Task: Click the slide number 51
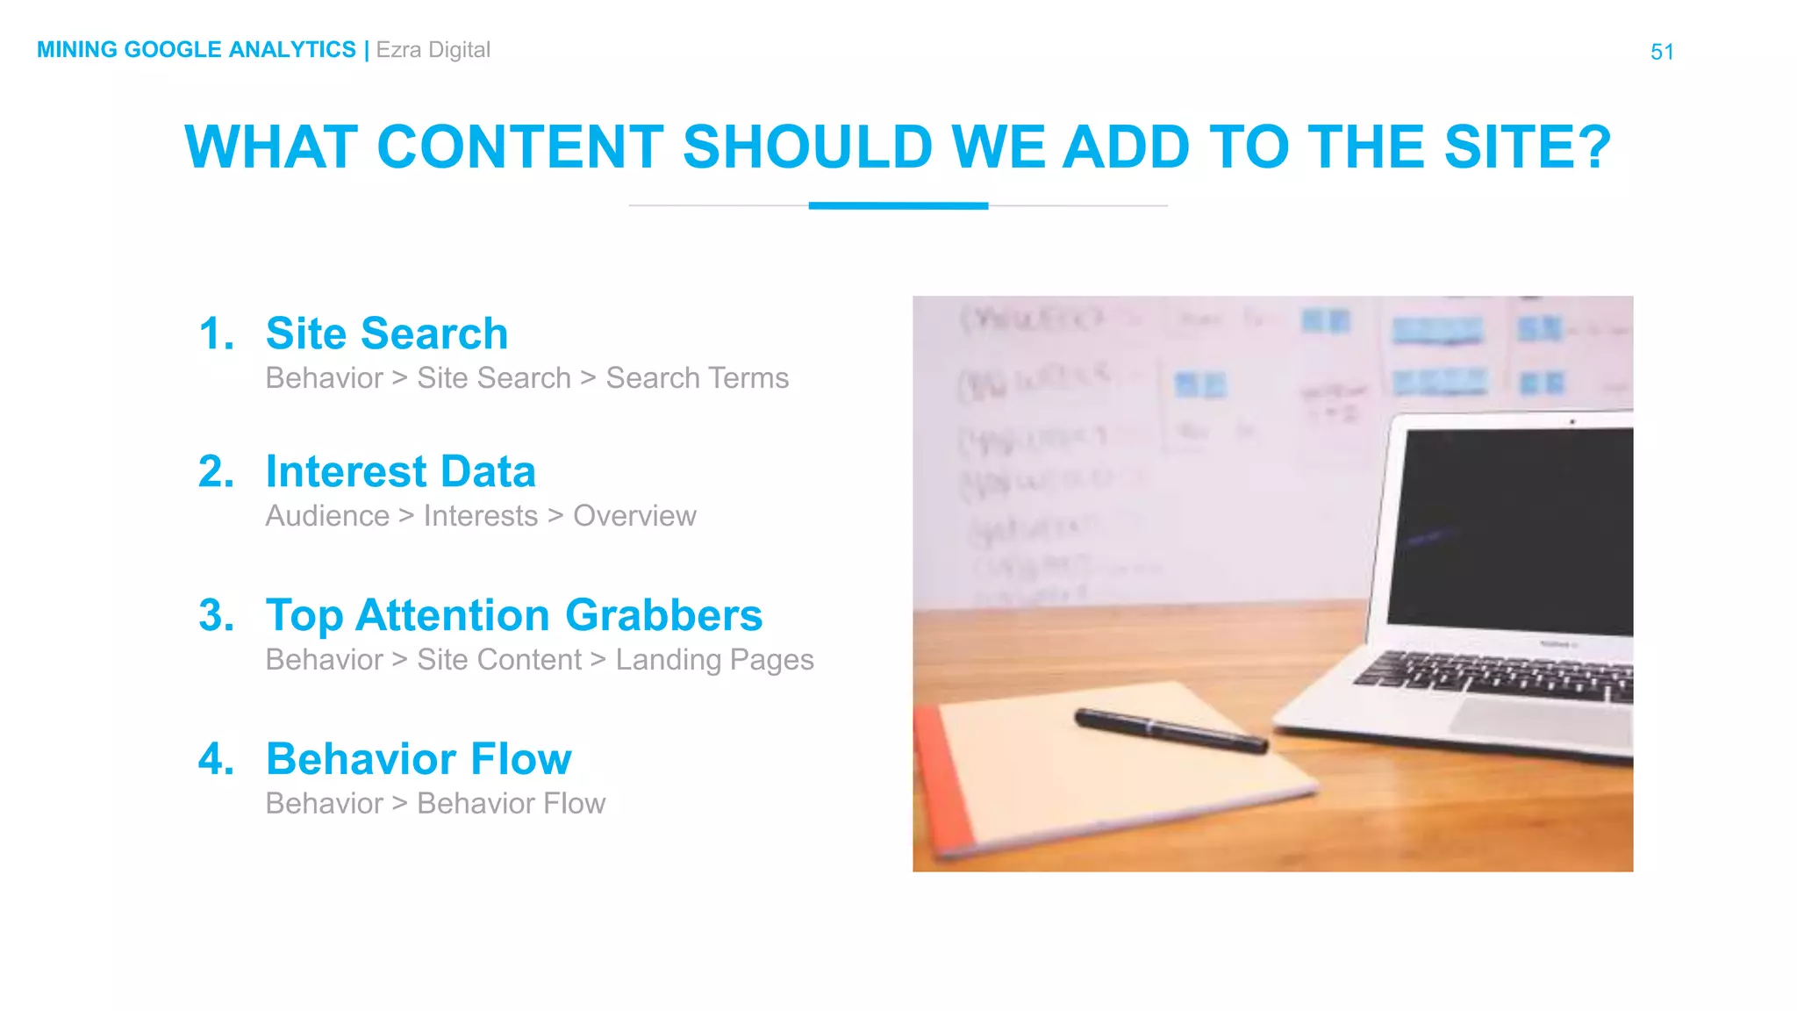pyautogui.click(x=1662, y=52)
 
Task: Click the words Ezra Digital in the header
pyautogui.click(x=433, y=50)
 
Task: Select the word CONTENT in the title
pyautogui.click(x=520, y=147)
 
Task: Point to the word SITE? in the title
pyautogui.click(x=1528, y=147)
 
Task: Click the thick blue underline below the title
pyautogui.click(x=898, y=205)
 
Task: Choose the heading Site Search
pyautogui.click(x=387, y=333)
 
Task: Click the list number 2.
pyautogui.click(x=216, y=471)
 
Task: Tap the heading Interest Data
pyautogui.click(x=400, y=471)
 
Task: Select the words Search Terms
pyautogui.click(x=698, y=378)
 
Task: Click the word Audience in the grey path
pyautogui.click(x=327, y=516)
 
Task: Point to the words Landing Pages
pyautogui.click(x=714, y=660)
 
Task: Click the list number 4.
pyautogui.click(x=216, y=759)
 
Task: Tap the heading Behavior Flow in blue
pyautogui.click(x=419, y=759)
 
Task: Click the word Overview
pyautogui.click(x=634, y=516)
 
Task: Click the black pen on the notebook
pyautogui.click(x=1171, y=730)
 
